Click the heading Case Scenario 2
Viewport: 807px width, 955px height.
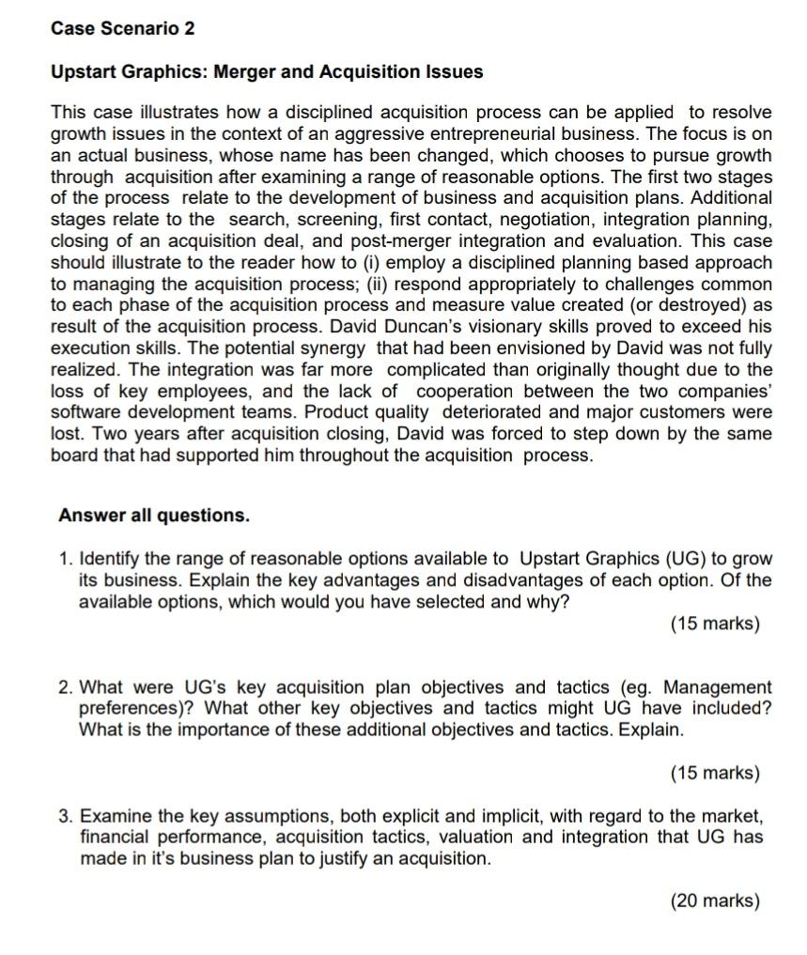pyautogui.click(x=122, y=28)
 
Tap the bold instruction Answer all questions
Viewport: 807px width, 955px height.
pyautogui.click(x=154, y=516)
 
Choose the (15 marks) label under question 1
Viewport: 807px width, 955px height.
pyautogui.click(x=714, y=624)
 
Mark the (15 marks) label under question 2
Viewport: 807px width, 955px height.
pyautogui.click(x=714, y=773)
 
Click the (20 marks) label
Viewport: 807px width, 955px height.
pyautogui.click(x=714, y=901)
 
